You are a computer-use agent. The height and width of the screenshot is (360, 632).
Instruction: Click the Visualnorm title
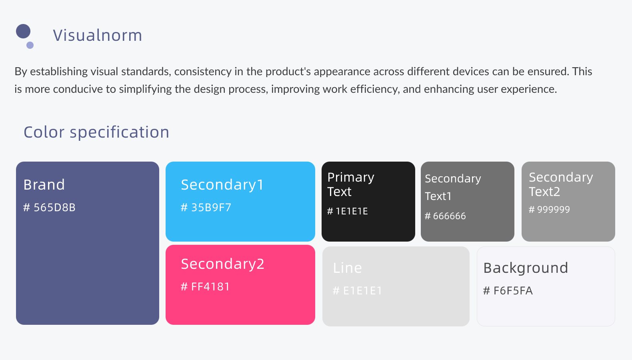(97, 35)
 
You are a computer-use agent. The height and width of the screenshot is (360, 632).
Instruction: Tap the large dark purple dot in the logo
(23, 31)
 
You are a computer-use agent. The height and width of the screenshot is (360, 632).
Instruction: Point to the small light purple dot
(30, 45)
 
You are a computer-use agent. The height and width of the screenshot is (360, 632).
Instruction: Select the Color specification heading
(96, 132)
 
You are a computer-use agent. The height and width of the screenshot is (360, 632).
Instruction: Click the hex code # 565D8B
(49, 207)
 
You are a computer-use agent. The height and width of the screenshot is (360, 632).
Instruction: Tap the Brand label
(44, 185)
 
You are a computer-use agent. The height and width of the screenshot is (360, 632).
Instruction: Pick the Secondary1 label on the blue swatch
(222, 185)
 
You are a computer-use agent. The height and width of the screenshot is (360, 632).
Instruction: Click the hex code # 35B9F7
(206, 207)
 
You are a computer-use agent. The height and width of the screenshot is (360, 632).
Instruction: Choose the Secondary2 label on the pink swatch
(223, 264)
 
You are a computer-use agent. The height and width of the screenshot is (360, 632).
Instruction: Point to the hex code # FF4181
(205, 287)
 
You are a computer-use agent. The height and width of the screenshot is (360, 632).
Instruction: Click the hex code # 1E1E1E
(347, 211)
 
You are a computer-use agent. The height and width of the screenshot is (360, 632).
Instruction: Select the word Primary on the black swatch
(351, 178)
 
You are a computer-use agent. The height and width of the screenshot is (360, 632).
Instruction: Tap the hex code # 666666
(445, 216)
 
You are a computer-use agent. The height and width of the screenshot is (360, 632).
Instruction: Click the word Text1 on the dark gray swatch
(438, 196)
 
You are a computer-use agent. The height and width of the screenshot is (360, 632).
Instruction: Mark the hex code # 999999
(549, 209)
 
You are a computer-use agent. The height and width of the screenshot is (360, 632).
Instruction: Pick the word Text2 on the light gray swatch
(544, 192)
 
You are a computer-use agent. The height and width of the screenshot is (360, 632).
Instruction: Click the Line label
(347, 268)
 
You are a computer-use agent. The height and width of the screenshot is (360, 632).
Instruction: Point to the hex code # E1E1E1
(358, 290)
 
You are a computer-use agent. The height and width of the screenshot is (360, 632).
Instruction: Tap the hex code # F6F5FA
(508, 290)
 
